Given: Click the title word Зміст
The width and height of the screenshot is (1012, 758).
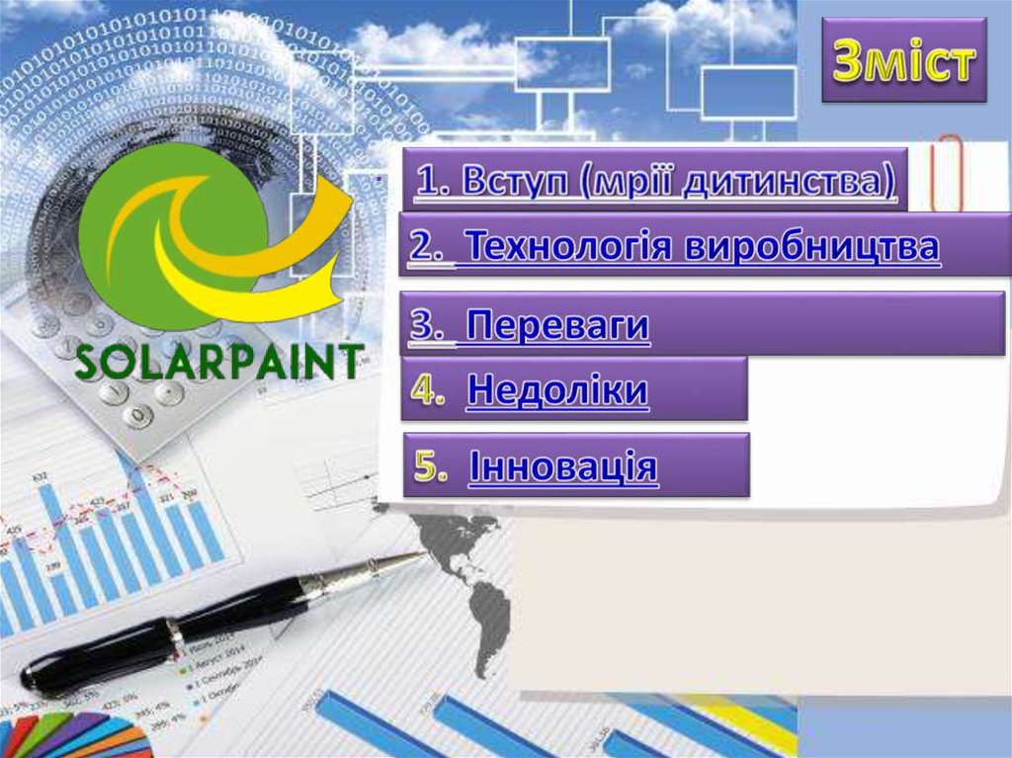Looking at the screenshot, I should point(904,62).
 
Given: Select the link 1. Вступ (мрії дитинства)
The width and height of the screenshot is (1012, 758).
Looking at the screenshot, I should point(655,181).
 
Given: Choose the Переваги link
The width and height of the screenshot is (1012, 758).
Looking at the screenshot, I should point(557,325).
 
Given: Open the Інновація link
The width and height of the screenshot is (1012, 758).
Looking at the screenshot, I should point(563,465).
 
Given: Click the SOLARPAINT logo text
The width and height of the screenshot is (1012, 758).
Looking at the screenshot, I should point(218,364).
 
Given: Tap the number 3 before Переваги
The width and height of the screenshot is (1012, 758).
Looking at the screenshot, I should point(426,325).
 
